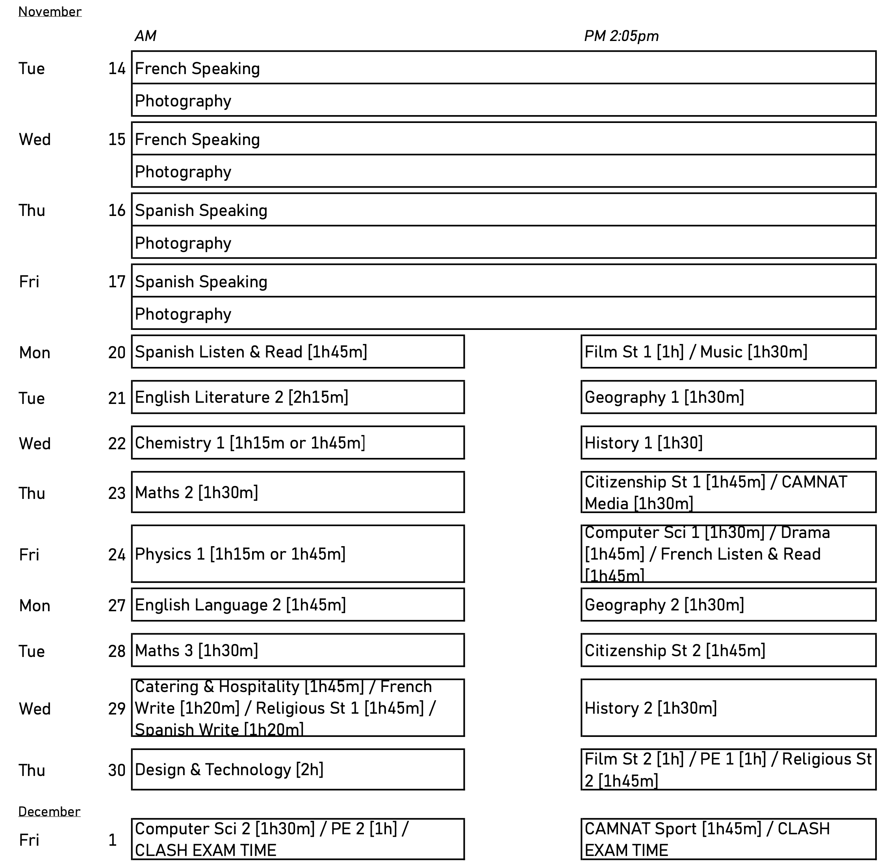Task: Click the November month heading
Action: pos(50,12)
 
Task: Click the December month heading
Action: pos(49,811)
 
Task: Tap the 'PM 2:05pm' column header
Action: pos(621,36)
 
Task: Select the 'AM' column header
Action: pos(145,36)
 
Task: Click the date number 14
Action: pos(117,69)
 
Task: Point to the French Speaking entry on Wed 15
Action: pos(197,140)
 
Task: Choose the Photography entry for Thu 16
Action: pos(183,243)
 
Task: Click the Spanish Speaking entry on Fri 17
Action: pos(201,281)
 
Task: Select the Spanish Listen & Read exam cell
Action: pos(298,352)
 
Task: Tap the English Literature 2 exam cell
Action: pos(298,397)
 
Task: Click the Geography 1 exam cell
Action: pos(728,397)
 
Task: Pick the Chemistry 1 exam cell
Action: pos(298,443)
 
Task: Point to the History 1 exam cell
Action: pos(728,443)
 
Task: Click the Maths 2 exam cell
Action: pos(298,492)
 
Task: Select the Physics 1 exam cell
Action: pos(298,554)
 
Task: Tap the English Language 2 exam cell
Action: pos(298,605)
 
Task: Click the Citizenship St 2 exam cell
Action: pos(728,650)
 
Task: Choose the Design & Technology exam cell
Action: pos(298,770)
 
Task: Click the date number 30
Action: pos(117,770)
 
